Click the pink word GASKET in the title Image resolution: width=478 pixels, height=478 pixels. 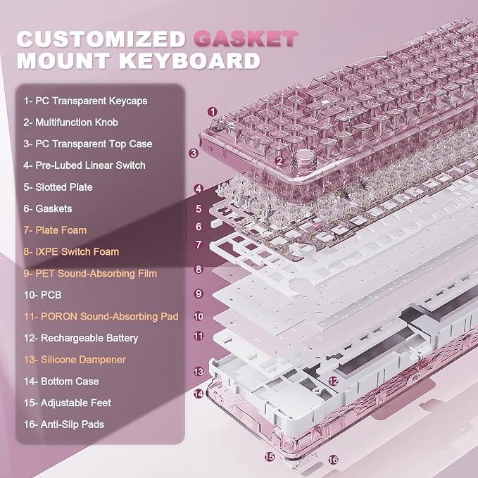[x=246, y=39]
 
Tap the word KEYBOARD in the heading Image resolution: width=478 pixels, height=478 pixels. [x=189, y=61]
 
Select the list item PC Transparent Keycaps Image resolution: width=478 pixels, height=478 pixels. [x=85, y=101]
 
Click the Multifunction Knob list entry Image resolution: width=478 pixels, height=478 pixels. [x=70, y=122]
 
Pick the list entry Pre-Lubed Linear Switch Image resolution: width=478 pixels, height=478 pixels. [x=84, y=165]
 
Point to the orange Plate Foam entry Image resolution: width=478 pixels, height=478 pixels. [x=55, y=230]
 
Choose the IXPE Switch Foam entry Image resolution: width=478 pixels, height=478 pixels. [x=71, y=252]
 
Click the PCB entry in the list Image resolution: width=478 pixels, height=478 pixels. [x=43, y=295]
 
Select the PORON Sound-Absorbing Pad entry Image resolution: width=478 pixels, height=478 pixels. [x=101, y=316]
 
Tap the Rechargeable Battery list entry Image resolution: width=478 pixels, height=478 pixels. [x=81, y=338]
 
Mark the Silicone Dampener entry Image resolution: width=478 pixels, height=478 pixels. [x=75, y=360]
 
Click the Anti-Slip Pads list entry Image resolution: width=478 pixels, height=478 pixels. [x=64, y=424]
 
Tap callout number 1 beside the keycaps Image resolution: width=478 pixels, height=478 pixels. [x=213, y=111]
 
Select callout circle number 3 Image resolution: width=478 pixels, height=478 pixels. [x=194, y=153]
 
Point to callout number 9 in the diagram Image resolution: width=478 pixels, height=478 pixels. [x=199, y=294]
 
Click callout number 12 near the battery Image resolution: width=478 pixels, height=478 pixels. [x=333, y=381]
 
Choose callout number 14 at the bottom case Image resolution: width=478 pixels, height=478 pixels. [x=199, y=394]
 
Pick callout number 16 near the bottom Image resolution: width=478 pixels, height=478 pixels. [x=333, y=460]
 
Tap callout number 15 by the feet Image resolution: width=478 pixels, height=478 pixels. [x=270, y=457]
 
